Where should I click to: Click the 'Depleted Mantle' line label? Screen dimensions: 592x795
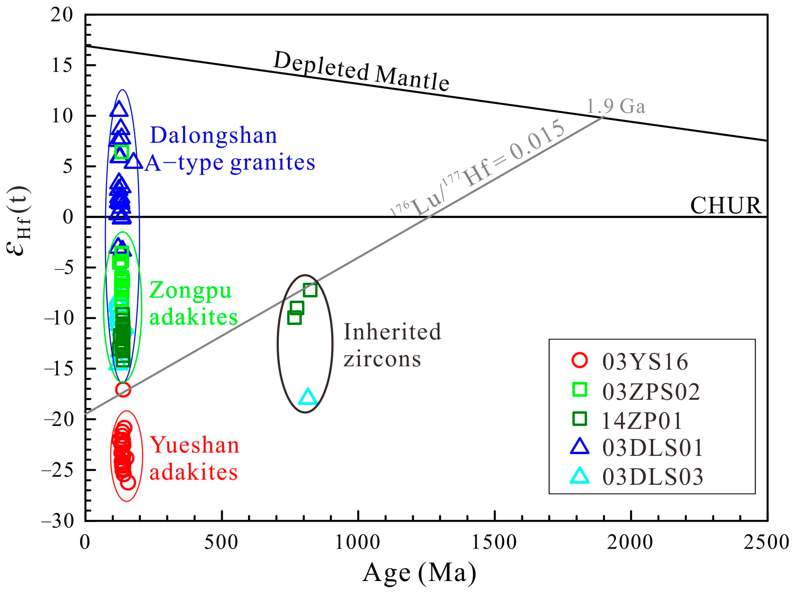(x=361, y=71)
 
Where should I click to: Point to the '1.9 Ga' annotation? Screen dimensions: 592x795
(x=616, y=106)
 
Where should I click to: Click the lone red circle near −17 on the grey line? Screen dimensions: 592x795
(x=123, y=390)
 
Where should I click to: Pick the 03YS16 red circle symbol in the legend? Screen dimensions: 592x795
(x=580, y=360)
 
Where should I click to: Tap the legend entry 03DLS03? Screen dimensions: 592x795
(x=652, y=477)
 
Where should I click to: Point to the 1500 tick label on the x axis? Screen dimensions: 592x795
(x=494, y=542)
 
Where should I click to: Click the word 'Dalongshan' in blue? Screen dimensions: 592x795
(x=214, y=135)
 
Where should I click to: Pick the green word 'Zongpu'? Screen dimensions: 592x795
(x=190, y=290)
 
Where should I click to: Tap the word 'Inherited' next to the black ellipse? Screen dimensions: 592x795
(x=392, y=331)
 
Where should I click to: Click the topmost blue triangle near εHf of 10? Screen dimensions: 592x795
(x=119, y=109)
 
